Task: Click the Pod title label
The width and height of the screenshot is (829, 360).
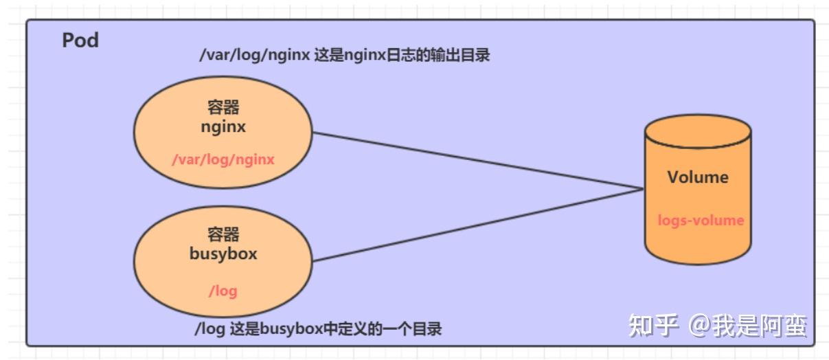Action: click(80, 41)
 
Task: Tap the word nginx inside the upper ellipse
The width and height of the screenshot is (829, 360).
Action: click(223, 127)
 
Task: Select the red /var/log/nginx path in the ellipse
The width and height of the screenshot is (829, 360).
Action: click(223, 160)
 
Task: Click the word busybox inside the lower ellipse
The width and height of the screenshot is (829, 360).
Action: click(223, 254)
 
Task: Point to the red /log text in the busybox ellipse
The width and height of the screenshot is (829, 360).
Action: click(223, 291)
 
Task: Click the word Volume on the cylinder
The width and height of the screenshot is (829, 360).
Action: click(698, 177)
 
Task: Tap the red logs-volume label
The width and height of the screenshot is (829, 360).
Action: click(701, 221)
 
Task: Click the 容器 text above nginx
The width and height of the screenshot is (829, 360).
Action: click(223, 107)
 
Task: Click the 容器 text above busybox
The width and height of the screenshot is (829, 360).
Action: click(223, 234)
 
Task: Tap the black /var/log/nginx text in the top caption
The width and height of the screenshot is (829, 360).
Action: click(254, 56)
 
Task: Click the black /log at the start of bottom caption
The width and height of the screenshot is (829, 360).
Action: click(210, 329)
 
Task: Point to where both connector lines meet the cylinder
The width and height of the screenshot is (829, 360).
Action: click(644, 189)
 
